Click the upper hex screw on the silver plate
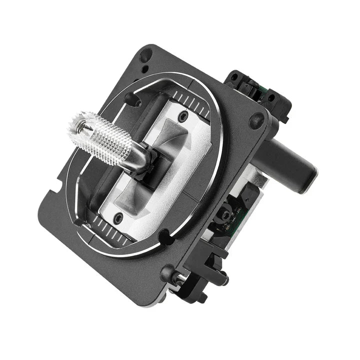point(183,116)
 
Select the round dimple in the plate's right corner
point(257,119)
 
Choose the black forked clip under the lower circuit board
point(212,265)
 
